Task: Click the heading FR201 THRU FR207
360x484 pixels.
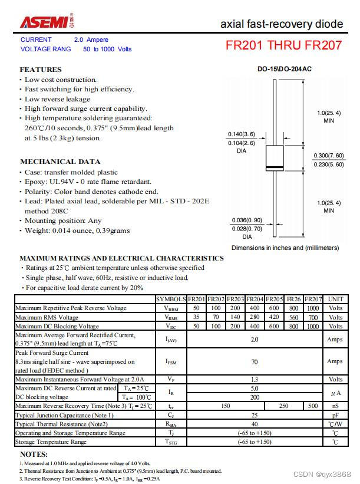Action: coord(283,45)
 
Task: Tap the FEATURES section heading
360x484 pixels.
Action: coord(41,70)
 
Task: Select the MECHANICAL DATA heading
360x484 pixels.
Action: coord(60,161)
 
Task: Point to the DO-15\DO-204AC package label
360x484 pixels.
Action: coord(285,69)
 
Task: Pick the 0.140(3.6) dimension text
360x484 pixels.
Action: coord(242,134)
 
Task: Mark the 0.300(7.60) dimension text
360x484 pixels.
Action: coord(328,156)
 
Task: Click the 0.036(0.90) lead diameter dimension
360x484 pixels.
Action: coord(246,220)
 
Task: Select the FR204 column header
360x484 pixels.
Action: coord(255,299)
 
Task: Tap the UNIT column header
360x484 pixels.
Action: coord(335,299)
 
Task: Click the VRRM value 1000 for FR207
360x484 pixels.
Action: coord(313,308)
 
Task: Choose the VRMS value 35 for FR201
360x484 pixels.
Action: coord(196,317)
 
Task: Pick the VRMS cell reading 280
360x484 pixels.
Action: coord(255,317)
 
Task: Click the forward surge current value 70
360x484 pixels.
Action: coord(255,361)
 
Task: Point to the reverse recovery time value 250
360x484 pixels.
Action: coord(284,406)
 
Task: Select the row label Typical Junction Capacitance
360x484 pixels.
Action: coord(65,415)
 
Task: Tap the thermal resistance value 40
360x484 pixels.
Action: coord(255,424)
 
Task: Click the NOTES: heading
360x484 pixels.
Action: coord(34,455)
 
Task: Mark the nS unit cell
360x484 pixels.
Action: coord(335,406)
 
